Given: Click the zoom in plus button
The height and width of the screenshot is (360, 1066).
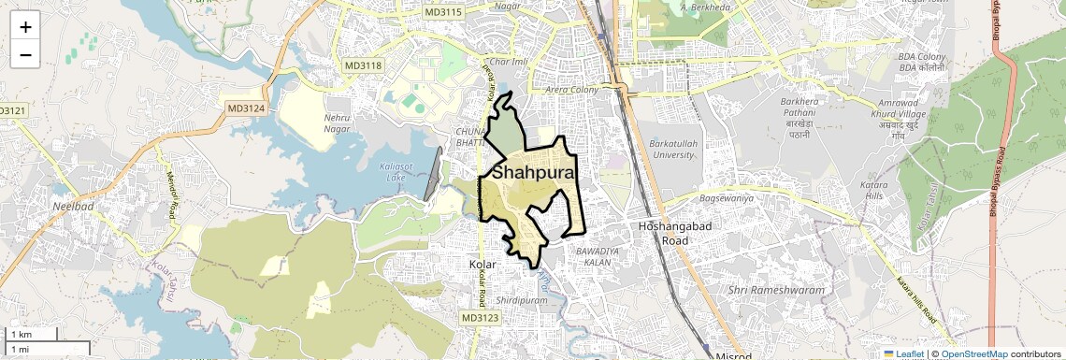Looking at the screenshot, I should coord(25,27).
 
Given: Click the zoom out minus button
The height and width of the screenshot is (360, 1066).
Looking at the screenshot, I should coord(25,54).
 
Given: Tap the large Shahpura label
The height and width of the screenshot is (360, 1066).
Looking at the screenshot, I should coord(534,173).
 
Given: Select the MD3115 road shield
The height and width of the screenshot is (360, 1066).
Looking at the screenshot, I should coord(442,12).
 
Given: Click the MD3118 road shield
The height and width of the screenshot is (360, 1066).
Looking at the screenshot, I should coord(363,65).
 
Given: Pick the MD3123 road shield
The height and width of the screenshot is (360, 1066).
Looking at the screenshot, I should coord(480,319).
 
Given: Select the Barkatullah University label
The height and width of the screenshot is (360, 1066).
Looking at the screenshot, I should coord(672,150).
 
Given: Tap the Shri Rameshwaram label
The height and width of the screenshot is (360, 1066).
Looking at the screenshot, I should coord(776,290).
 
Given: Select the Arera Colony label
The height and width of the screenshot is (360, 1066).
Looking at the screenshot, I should coord(572,90).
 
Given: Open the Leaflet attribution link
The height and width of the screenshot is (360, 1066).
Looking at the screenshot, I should coord(906,353).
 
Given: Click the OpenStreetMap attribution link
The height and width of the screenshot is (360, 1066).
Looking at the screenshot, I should coord(974,353).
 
